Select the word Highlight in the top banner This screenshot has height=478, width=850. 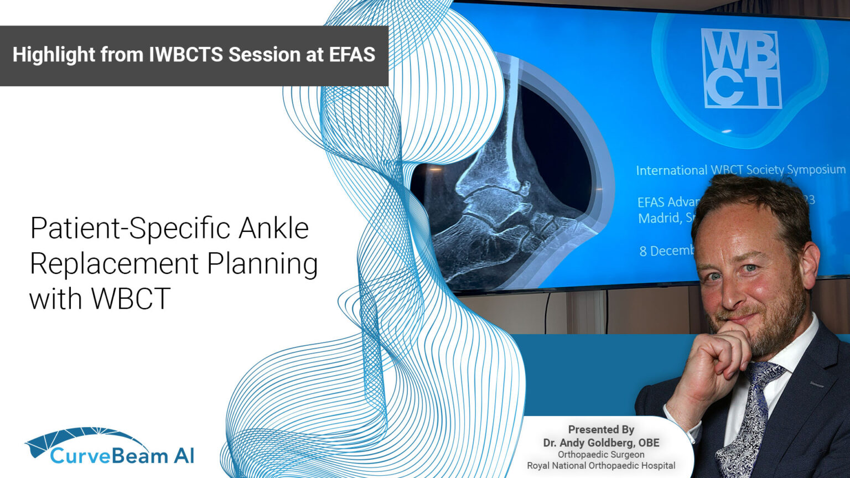54,55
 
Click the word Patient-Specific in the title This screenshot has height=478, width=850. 130,228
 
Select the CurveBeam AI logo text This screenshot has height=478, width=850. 122,456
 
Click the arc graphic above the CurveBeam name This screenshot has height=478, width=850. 83,437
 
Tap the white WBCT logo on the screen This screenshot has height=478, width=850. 741,69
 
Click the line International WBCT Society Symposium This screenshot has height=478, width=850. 740,170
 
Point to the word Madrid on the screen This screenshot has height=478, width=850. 659,218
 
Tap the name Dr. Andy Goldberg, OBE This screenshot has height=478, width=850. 601,443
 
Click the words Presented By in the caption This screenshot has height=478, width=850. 601,429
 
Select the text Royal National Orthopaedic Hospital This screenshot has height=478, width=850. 601,466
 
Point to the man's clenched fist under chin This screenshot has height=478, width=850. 711,360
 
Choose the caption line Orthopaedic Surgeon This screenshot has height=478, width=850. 601,454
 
